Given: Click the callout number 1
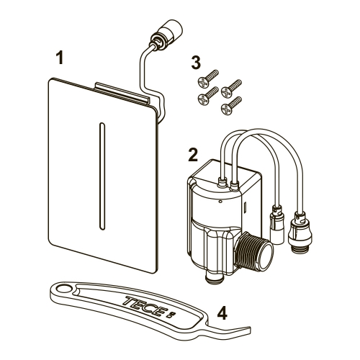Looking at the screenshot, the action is click(60, 58).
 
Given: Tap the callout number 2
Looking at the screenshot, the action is click(193, 155).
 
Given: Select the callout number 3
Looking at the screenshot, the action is click(196, 63).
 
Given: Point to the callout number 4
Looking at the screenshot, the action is click(222, 313).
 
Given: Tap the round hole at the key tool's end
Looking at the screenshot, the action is click(63, 289).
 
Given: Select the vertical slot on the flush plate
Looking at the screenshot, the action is click(102, 176).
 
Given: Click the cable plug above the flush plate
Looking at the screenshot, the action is click(166, 34).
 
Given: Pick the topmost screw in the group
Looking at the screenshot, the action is click(208, 78).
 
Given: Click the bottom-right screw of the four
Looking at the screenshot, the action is click(231, 105).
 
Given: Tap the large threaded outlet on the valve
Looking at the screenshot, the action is click(254, 251).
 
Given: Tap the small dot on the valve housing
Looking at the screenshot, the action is click(220, 202).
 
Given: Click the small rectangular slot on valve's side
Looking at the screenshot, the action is click(245, 207).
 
